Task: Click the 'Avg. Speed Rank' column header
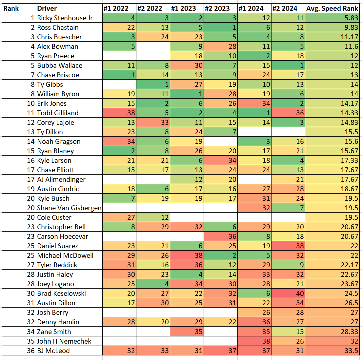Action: pyautogui.click(x=332, y=9)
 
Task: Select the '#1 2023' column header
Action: pyautogui.click(x=187, y=9)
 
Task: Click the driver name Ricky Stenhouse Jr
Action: pyautogui.click(x=65, y=18)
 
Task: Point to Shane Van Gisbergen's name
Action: pyautogui.click(x=69, y=208)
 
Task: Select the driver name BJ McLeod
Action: pyautogui.click(x=53, y=351)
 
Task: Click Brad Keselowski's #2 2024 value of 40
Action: pyautogui.click(x=288, y=294)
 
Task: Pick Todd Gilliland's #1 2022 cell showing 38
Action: pyautogui.click(x=119, y=113)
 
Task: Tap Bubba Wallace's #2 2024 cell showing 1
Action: pyautogui.click(x=288, y=66)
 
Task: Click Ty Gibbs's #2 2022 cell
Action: pyautogui.click(x=153, y=85)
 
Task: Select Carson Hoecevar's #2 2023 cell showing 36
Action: pyautogui.click(x=220, y=237)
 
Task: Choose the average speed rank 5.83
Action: pyautogui.click(x=332, y=18)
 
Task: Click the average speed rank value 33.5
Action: pyautogui.click(x=332, y=351)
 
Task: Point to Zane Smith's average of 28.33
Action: pyautogui.click(x=332, y=332)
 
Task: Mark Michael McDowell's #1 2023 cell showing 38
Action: pyautogui.click(x=187, y=256)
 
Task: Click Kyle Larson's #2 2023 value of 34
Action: pyautogui.click(x=220, y=161)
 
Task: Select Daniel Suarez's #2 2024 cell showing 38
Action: pyautogui.click(x=288, y=246)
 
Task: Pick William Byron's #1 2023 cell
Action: pyautogui.click(x=187, y=94)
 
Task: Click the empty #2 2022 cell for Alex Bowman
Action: pyautogui.click(x=153, y=47)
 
